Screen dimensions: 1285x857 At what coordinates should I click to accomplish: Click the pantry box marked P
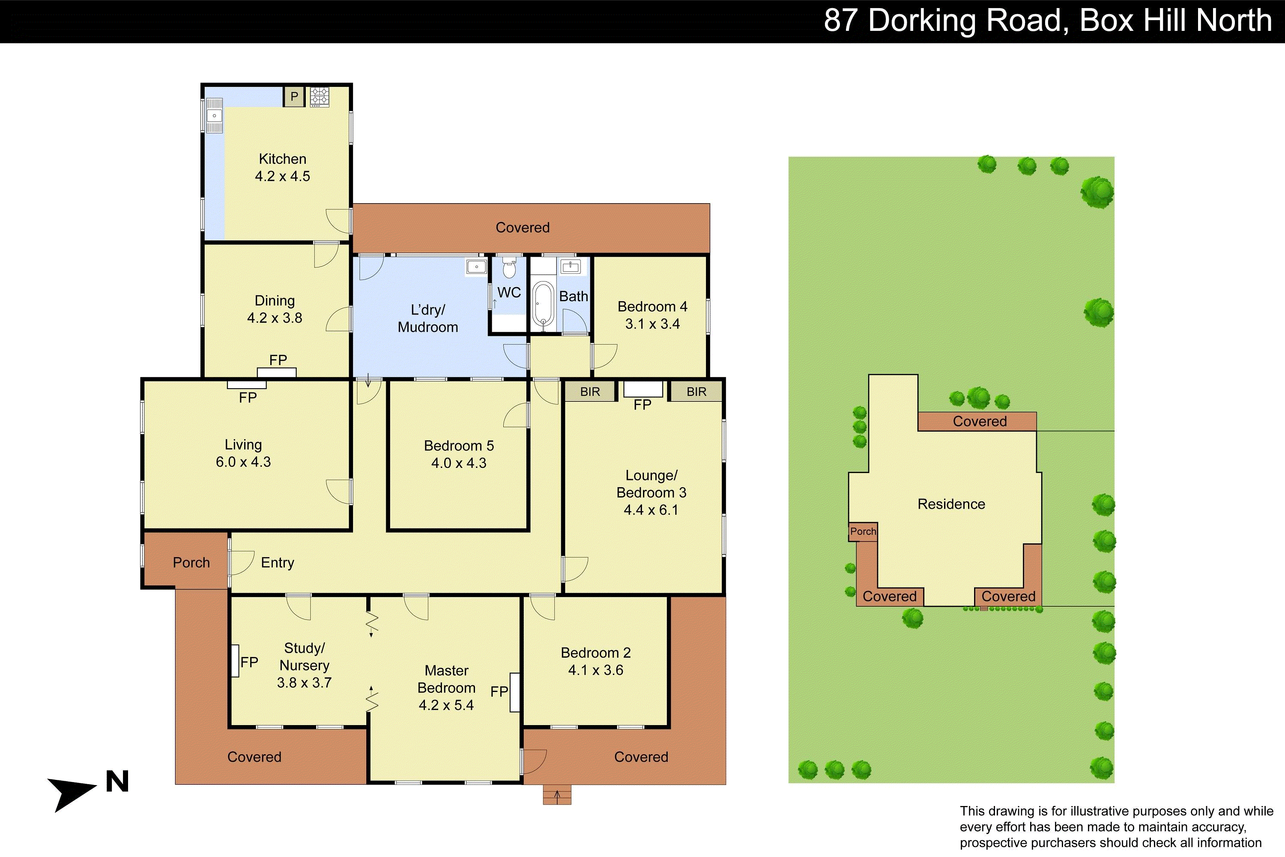tap(294, 97)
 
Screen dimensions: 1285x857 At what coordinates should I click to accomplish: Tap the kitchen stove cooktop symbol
tap(320, 97)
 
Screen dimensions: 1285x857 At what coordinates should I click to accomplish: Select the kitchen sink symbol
tap(215, 115)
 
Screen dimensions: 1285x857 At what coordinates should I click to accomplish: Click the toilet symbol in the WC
tap(509, 268)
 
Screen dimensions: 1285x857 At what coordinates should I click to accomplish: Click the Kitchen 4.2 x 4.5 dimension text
tap(282, 176)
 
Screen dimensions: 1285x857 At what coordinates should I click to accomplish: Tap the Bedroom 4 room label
tap(652, 307)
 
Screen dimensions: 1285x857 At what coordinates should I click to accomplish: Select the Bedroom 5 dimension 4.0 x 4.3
tap(459, 463)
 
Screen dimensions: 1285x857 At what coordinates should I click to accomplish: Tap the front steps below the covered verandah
tap(557, 795)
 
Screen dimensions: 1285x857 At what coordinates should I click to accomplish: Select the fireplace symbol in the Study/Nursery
tap(235, 661)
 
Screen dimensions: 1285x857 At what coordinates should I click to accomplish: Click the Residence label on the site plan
tap(951, 504)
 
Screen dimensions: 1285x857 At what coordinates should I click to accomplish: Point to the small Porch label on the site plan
tap(863, 531)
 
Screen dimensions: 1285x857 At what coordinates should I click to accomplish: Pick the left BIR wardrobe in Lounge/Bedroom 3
tap(590, 391)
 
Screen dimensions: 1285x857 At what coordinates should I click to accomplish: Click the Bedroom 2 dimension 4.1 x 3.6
tap(595, 670)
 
